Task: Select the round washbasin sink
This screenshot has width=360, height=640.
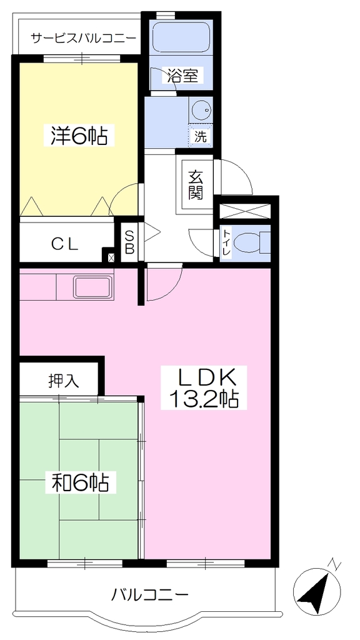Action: [201, 109]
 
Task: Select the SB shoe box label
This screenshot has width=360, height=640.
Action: [129, 242]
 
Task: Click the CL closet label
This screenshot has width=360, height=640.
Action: [64, 244]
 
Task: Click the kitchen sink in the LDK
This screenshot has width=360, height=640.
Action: [93, 287]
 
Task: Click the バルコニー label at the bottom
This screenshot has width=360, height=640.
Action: [151, 594]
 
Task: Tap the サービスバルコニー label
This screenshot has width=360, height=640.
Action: [84, 38]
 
